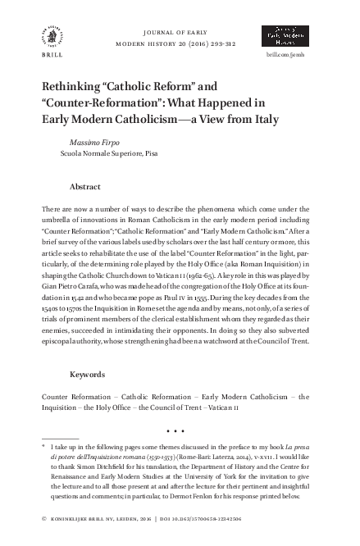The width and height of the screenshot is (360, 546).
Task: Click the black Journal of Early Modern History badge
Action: pyautogui.click(x=284, y=35)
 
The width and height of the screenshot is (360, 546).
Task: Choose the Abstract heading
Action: pyautogui.click(x=85, y=186)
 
